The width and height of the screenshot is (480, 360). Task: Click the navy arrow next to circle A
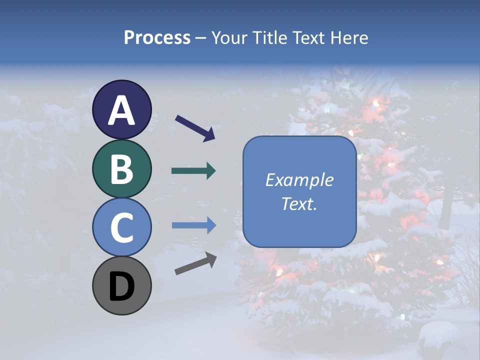tap(195, 127)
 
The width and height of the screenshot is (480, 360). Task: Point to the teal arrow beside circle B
tap(193, 171)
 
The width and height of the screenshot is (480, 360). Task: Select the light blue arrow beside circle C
tap(193, 225)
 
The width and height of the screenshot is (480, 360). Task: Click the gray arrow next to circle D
tap(195, 263)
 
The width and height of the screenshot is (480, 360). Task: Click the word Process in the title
tap(157, 37)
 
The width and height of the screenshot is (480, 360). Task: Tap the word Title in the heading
tap(270, 37)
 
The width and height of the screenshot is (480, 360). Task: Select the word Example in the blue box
tap(299, 180)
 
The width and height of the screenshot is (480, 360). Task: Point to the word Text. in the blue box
tap(299, 203)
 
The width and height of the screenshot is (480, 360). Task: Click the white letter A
tap(121, 110)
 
